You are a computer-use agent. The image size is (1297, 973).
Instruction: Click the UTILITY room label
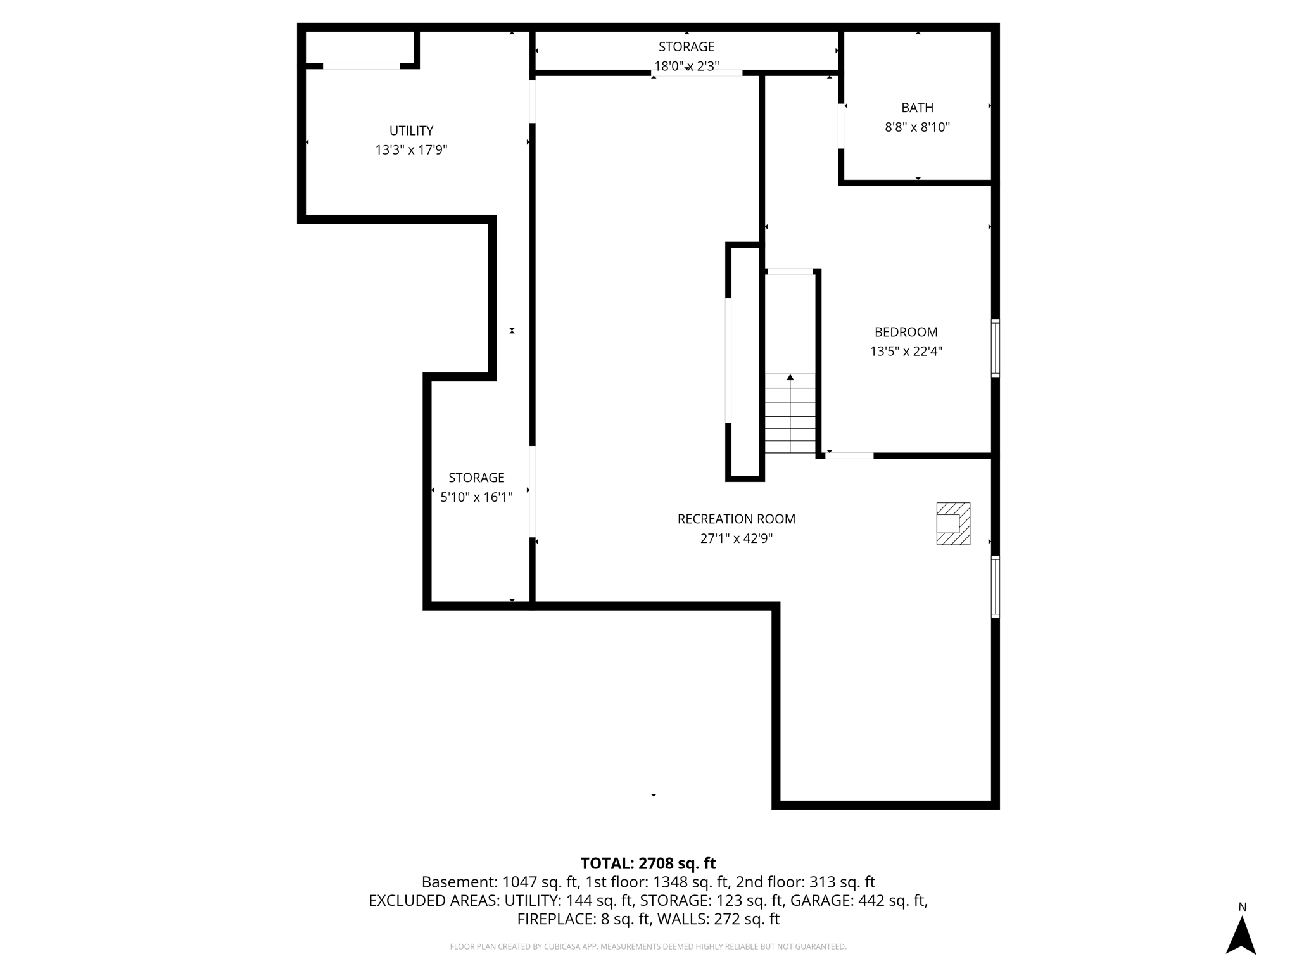[411, 130]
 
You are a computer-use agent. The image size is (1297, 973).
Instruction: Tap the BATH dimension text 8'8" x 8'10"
[917, 127]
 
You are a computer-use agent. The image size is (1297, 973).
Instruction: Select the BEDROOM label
[906, 332]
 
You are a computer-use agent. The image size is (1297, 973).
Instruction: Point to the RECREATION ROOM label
[736, 519]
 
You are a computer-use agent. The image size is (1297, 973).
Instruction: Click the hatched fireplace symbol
[953, 524]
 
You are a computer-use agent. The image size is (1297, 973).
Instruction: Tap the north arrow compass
[1241, 935]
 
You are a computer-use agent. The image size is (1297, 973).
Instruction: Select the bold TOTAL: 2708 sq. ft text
[648, 863]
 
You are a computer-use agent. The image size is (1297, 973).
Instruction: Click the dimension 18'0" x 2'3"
[686, 66]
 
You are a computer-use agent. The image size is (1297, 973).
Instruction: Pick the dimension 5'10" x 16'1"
[476, 497]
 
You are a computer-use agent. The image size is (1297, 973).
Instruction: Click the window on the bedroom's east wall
[995, 348]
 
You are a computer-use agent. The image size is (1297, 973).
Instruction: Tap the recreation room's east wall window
[995, 587]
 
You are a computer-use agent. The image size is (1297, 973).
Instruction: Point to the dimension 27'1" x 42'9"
[736, 538]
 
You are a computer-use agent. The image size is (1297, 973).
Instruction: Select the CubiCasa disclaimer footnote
[648, 946]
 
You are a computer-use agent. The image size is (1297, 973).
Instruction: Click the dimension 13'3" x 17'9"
[411, 150]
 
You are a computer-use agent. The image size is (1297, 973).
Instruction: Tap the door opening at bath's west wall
[841, 126]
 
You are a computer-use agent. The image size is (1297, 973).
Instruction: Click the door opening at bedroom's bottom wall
[849, 455]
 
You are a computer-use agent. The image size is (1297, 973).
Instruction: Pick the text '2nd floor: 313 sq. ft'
[805, 882]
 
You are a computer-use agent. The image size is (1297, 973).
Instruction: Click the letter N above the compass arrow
[1242, 907]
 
